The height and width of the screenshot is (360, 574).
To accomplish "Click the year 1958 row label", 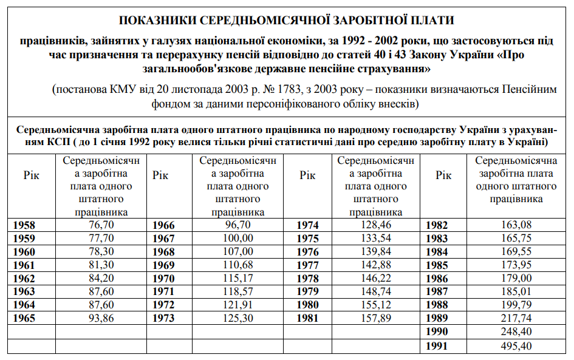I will (x=24, y=225).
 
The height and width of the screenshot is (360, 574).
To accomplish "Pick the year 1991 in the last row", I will (x=437, y=347).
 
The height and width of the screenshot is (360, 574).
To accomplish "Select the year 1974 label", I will (x=307, y=225).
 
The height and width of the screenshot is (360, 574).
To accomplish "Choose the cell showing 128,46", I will (x=376, y=225).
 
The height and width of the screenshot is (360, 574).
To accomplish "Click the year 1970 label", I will (x=163, y=279).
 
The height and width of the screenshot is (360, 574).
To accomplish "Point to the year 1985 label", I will (x=437, y=265).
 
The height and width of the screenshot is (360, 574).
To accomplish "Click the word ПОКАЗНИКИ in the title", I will (x=157, y=21).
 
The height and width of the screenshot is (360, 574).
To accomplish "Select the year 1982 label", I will (x=437, y=225).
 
